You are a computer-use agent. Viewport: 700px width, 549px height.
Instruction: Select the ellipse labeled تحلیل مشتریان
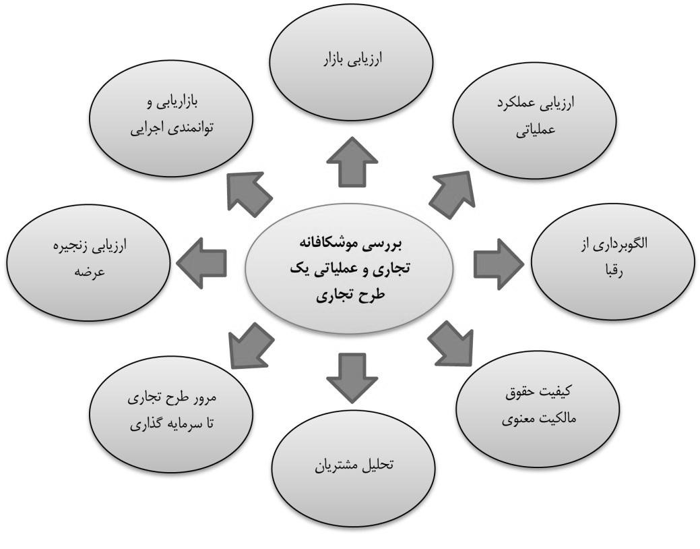tap(354, 467)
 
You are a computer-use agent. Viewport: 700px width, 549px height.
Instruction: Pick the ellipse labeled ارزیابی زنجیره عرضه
tap(88, 262)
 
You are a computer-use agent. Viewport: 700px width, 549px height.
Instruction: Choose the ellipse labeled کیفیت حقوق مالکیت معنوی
tap(538, 409)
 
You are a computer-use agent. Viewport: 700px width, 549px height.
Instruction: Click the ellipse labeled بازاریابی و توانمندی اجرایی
tap(171, 119)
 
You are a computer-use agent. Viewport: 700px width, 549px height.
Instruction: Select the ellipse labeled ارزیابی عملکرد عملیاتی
tap(534, 120)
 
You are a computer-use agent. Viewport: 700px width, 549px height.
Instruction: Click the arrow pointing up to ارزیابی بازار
tap(352, 163)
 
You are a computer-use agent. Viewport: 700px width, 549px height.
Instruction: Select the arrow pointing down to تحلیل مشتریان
tap(352, 377)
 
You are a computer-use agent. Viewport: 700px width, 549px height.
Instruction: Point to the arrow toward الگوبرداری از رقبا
tap(498, 264)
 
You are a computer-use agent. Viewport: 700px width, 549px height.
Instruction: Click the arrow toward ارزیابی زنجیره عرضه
tap(202, 263)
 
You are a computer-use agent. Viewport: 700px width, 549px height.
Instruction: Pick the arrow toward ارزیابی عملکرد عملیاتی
tap(453, 194)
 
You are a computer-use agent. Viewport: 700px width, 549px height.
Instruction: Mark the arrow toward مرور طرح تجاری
tap(251, 345)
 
